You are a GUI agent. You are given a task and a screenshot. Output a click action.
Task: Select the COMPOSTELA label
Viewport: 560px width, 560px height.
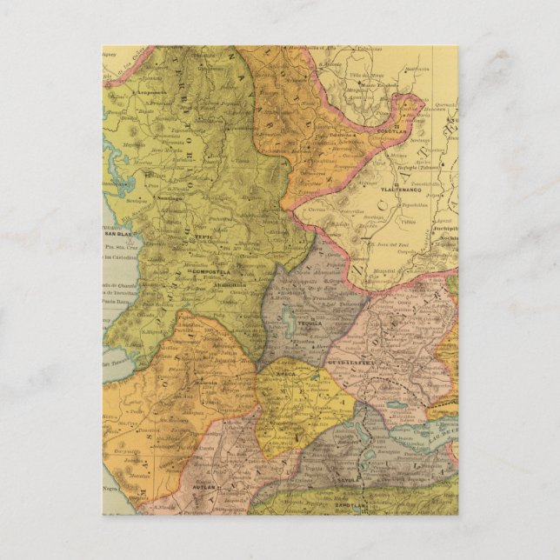click(209, 272)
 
